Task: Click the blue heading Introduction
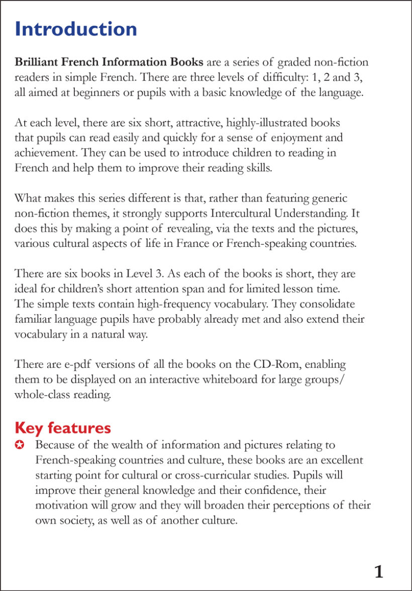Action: (76, 29)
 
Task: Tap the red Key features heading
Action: (63, 428)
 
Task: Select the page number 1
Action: (379, 571)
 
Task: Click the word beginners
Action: (85, 93)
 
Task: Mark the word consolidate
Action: (325, 304)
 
